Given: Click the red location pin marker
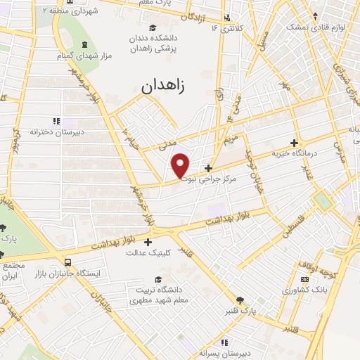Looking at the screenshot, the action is [181, 166].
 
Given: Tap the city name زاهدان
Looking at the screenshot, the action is [167, 87].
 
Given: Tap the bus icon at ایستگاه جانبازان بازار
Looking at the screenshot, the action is [67, 259].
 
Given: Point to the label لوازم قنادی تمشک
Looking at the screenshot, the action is [307, 27].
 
